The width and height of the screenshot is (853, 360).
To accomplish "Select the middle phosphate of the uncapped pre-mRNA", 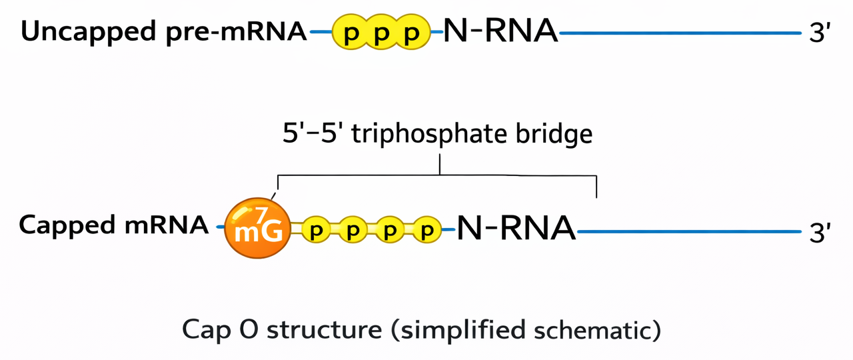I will (x=381, y=33).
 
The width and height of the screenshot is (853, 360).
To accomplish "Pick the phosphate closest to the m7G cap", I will (x=317, y=231).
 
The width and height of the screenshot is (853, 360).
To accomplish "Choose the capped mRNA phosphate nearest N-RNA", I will (x=424, y=231).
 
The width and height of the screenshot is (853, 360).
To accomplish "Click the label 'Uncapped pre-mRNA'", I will (x=164, y=31).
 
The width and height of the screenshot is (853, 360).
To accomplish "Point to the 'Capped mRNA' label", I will (x=113, y=225).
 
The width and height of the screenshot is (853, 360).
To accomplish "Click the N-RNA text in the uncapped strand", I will (x=500, y=31).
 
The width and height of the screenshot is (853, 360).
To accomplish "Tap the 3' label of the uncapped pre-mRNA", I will (x=819, y=33).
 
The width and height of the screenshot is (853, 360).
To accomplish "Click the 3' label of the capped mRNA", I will (x=819, y=233).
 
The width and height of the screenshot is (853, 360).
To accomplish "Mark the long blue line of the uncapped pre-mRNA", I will (x=680, y=32).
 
